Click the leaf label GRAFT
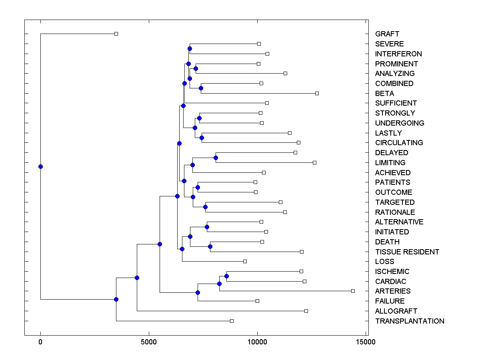coord(387,34)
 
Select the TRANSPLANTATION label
coord(410,321)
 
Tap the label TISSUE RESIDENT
coord(407,252)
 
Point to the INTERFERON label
coord(398,54)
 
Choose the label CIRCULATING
coord(399,143)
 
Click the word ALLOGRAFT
coord(396,311)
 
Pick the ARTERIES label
coord(393,291)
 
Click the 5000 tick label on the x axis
coord(149,342)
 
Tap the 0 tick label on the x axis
coord(40,342)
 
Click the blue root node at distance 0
coord(40,166)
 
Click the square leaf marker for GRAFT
coord(116,34)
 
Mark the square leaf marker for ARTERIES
coord(353,291)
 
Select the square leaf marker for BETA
coord(317,93)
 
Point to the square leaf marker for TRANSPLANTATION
coord(232,321)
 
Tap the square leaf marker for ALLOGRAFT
coord(306,311)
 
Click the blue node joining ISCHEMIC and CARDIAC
coord(226,276)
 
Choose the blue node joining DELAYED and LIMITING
coord(216,158)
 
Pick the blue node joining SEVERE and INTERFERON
coord(190,48)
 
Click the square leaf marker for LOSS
coord(245,261)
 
